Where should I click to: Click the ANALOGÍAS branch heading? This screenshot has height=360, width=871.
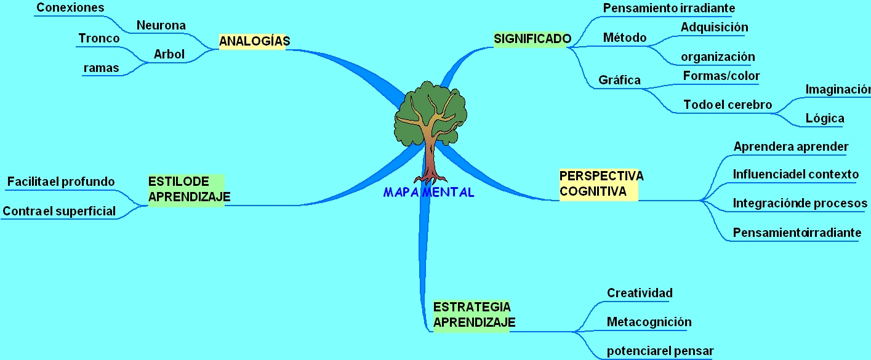(x=254, y=41)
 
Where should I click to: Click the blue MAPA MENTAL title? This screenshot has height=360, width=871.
(x=428, y=193)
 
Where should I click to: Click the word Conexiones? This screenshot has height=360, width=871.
(x=70, y=8)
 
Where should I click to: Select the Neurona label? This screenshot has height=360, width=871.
(x=161, y=25)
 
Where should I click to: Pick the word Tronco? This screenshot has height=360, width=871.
(x=98, y=39)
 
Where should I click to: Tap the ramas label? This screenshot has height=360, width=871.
(x=101, y=68)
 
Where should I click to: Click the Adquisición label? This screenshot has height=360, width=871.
(x=714, y=27)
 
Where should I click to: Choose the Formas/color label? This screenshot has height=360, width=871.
(x=721, y=76)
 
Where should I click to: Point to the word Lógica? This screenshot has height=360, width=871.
(x=825, y=118)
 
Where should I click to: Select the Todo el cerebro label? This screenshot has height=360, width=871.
(x=728, y=105)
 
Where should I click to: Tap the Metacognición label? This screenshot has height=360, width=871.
(x=649, y=322)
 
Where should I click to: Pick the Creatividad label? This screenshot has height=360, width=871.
(x=640, y=293)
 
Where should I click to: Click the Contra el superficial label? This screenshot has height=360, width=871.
(x=59, y=211)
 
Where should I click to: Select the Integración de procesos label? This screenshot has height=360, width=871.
(x=800, y=203)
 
